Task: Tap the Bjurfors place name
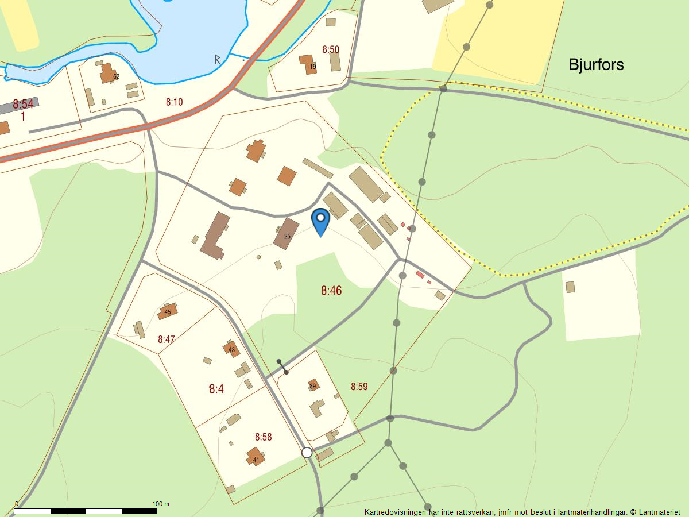point(596,64)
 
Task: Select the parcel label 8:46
point(331,291)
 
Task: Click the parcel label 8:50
point(331,49)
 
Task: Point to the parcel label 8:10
point(174,102)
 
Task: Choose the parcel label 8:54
point(23,104)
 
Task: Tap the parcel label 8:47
point(166,339)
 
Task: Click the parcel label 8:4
point(216,389)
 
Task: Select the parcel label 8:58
point(263,437)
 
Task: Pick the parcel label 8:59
point(359,387)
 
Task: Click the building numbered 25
point(287,234)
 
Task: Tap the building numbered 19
point(309,64)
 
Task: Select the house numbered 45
point(167,311)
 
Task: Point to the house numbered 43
point(231,348)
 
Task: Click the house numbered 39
point(313,385)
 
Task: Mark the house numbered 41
point(256,457)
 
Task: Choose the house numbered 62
point(108,74)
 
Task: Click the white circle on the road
point(307,453)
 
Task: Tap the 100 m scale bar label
point(160,504)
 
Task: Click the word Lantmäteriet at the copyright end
point(659,511)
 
